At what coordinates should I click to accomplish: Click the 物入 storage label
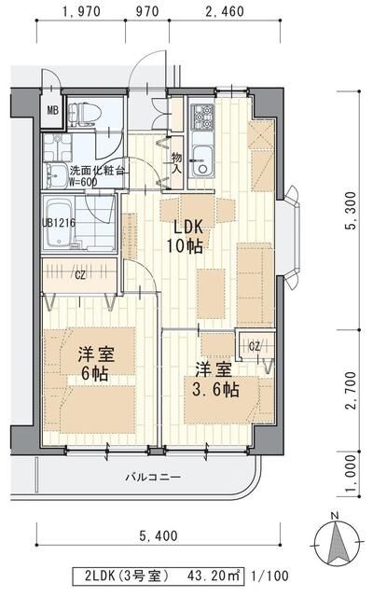click(x=176, y=165)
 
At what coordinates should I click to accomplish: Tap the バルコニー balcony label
click(x=154, y=478)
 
